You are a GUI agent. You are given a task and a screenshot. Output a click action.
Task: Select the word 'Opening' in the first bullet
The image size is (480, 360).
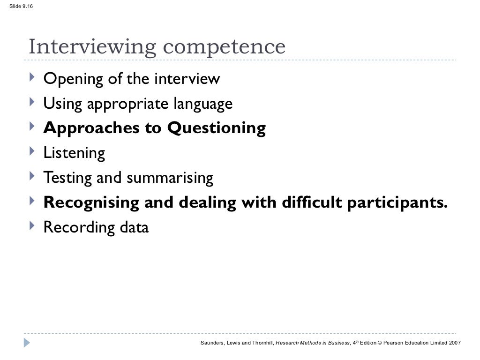tap(73, 79)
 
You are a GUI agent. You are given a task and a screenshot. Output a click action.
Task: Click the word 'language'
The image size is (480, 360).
tap(203, 104)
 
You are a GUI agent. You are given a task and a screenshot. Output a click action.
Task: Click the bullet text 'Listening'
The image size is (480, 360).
tap(74, 153)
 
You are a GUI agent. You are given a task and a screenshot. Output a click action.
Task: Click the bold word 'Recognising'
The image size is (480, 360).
tap(91, 203)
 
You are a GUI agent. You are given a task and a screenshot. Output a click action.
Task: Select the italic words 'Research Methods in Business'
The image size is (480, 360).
tap(313, 343)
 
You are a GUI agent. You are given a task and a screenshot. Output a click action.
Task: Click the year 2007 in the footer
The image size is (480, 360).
tap(454, 343)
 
